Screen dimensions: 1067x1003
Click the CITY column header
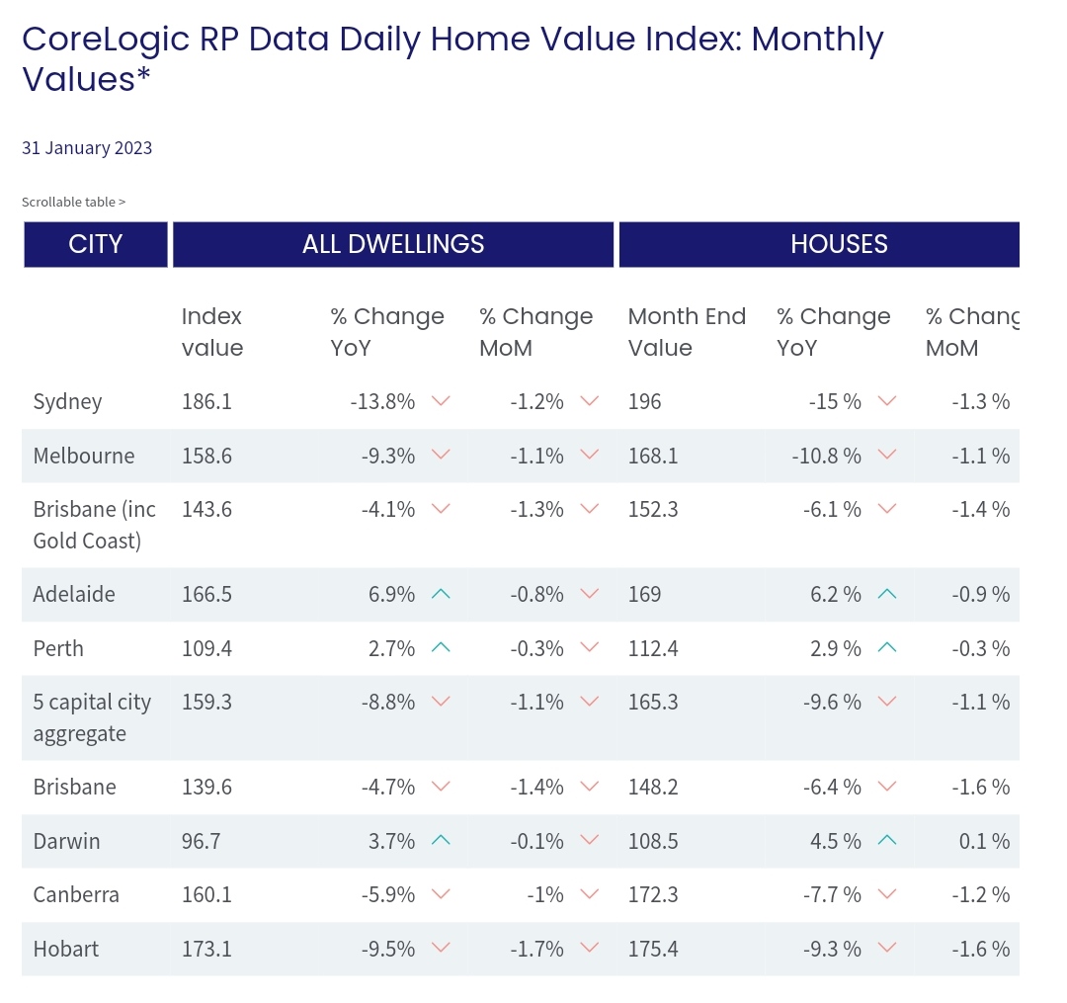tap(95, 244)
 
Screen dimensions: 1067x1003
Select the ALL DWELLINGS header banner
tap(393, 244)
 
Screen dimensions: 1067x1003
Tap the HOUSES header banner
tap(819, 244)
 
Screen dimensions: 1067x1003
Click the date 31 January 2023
tap(87, 147)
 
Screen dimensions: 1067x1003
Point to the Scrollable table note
tap(73, 203)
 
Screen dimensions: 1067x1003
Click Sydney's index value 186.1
tap(206, 401)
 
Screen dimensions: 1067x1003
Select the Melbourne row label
tap(84, 456)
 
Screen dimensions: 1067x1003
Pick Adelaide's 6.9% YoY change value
tap(391, 594)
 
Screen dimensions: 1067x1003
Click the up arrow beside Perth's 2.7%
tap(441, 647)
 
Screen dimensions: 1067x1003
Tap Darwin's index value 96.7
tap(201, 841)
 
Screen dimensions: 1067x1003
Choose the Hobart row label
tap(66, 949)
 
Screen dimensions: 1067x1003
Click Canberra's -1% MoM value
tap(545, 894)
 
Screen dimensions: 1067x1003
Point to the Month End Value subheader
tap(687, 332)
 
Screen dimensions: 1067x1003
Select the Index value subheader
tap(212, 332)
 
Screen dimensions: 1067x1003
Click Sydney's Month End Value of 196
tap(644, 401)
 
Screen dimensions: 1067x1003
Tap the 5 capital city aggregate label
tap(92, 717)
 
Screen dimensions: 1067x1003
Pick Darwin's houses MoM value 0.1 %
tap(984, 841)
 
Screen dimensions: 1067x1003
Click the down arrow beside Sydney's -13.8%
tap(441, 401)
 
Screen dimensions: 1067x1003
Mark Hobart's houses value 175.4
tap(653, 949)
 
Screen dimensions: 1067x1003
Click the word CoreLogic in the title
tap(106, 40)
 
